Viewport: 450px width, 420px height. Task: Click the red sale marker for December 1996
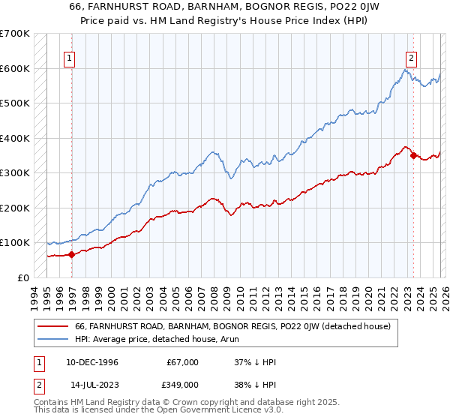72,254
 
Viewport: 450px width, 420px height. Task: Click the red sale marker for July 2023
413,156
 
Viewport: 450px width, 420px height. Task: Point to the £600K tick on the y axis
15,68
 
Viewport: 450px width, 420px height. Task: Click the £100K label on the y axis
15,243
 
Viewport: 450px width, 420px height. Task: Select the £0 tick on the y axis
22,277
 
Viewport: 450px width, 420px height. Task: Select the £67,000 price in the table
183,362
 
